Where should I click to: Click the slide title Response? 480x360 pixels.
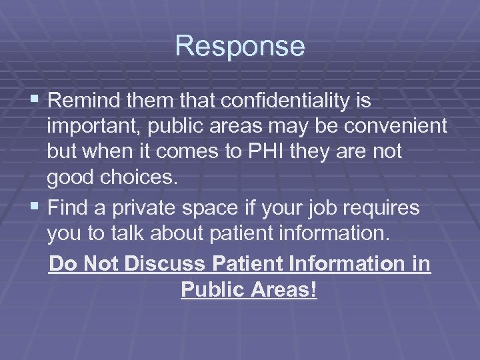pos(240,46)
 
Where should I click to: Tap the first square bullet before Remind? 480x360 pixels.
pos(37,102)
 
